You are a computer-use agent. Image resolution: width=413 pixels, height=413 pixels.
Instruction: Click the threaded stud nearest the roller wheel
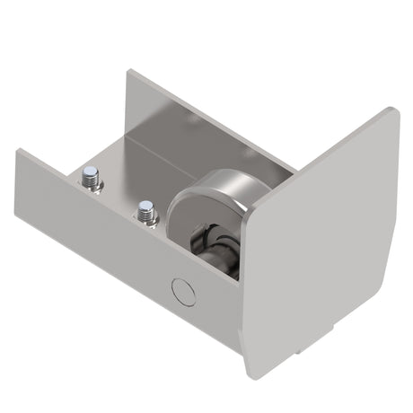click(x=145, y=213)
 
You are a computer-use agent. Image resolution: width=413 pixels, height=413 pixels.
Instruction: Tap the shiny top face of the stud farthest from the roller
click(x=91, y=172)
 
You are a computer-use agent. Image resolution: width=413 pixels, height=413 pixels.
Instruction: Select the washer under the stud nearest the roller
click(x=146, y=219)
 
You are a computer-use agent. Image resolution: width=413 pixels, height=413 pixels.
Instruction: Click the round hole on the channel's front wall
click(x=183, y=291)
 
